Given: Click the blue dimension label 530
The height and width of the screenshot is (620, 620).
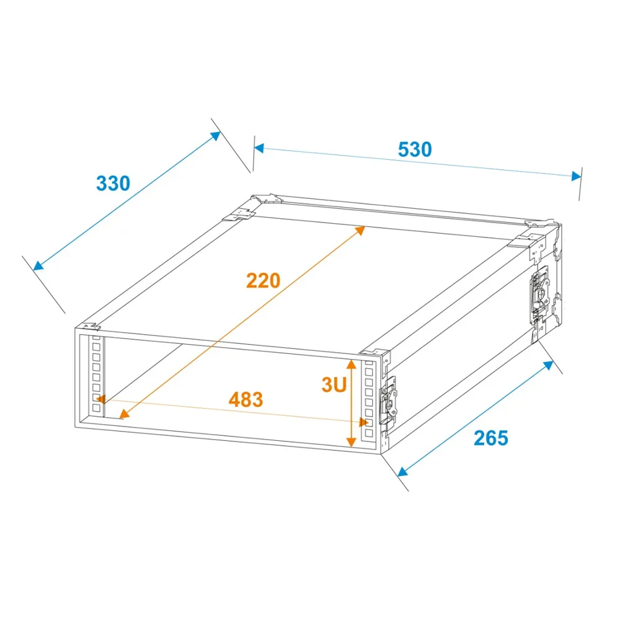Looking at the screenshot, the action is coord(414,149).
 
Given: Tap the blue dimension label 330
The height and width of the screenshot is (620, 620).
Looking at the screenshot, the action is coord(113,184).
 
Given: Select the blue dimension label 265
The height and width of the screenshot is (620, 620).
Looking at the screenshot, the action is coord(490,438).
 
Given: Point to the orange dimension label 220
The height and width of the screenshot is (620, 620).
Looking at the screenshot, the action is coord(263,281).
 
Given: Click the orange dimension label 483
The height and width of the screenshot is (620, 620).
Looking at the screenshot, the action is coord(246,399).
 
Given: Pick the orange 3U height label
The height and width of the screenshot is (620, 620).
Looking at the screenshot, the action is coord(334,385).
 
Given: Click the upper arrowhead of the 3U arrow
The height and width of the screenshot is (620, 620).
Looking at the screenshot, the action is coord(351,364).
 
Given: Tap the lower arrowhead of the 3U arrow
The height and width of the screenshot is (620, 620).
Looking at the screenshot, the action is coord(351,441).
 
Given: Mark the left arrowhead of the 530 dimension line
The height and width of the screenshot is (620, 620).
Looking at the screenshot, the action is coord(259,148).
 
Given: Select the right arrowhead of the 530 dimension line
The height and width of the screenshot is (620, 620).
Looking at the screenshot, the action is coord(577,176).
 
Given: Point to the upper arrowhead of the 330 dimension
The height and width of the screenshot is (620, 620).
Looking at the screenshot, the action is coord(216,136).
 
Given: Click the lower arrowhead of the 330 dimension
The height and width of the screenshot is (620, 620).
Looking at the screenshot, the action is coord(38,266).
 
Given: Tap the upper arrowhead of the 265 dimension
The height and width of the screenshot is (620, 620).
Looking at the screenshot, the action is coord(549,365).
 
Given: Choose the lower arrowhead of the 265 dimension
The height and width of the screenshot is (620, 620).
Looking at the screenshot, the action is coord(403,472).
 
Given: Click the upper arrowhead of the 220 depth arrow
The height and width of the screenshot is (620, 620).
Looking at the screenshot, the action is coord(360,230).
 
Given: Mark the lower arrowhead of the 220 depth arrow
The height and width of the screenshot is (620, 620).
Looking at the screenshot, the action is coord(124,414).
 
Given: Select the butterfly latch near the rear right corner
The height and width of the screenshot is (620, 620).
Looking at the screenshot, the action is coord(540,293).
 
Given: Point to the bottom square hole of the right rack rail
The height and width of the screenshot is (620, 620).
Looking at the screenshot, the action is coord(369,433).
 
